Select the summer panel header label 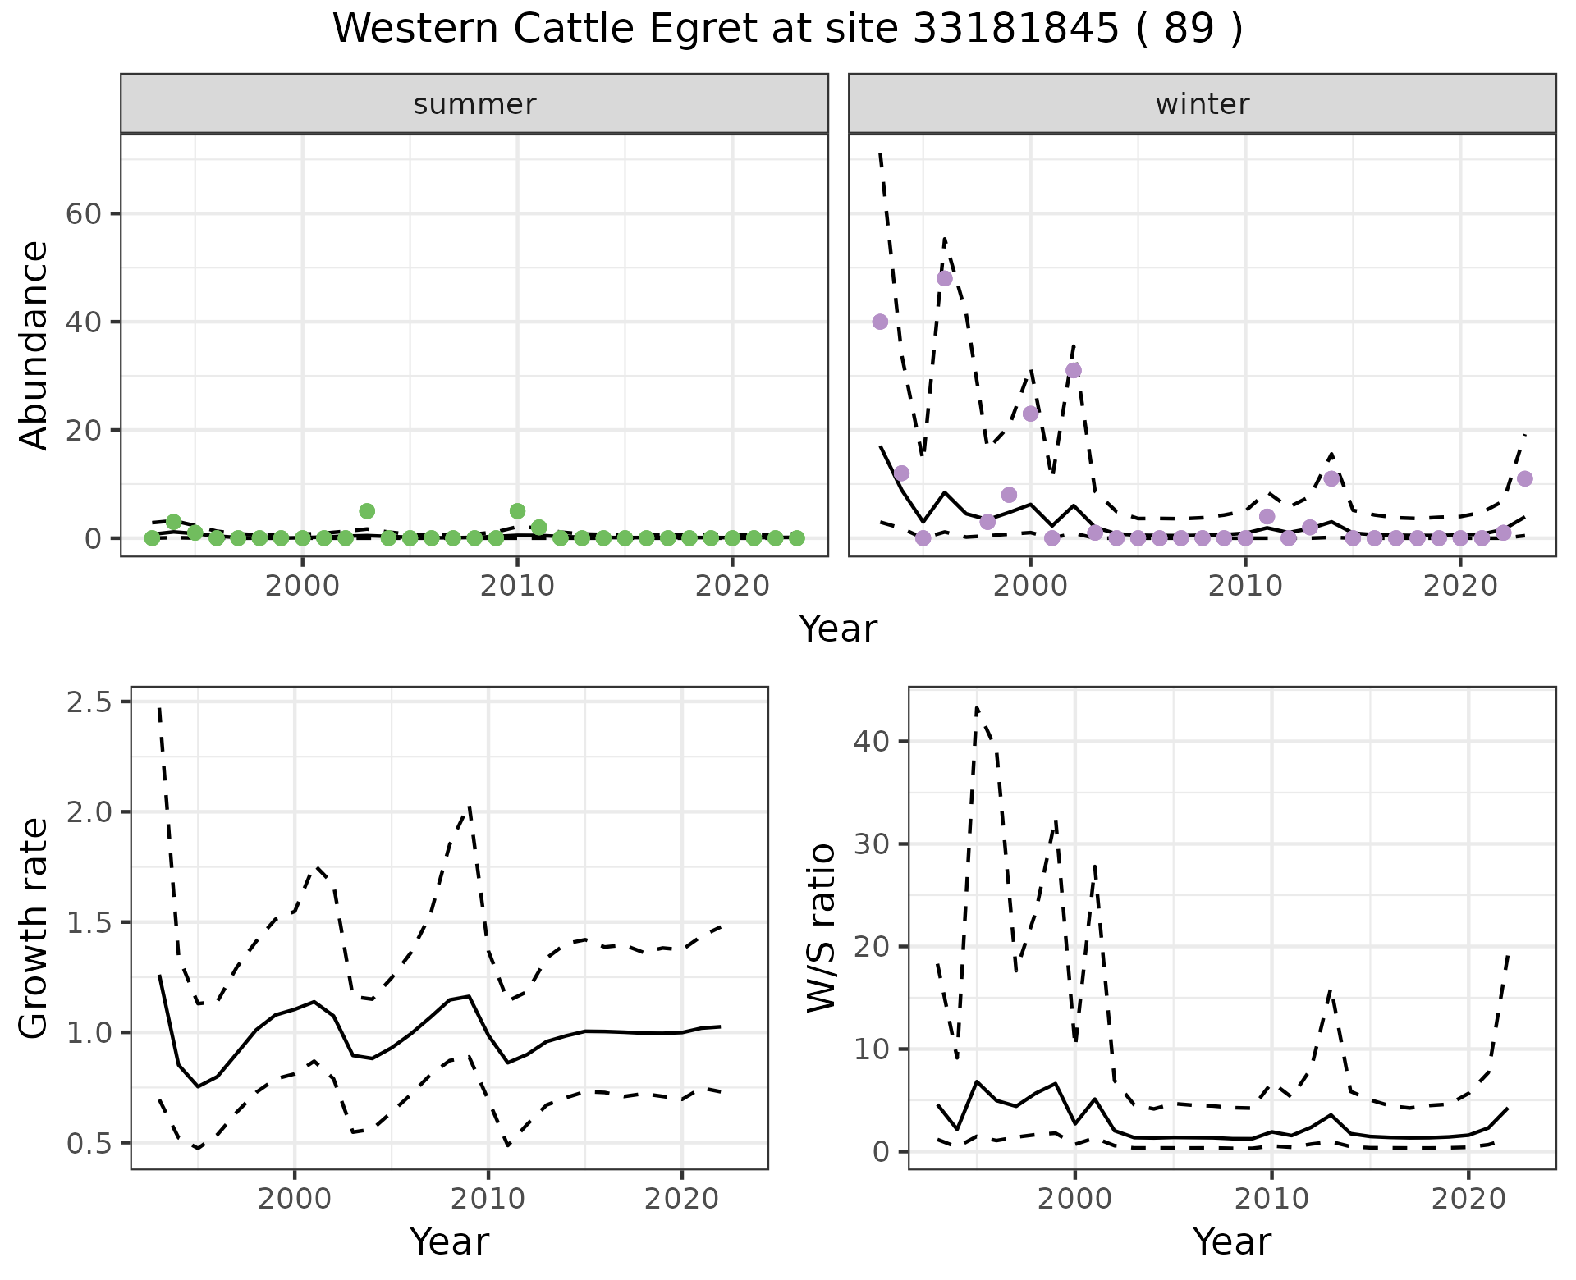474,104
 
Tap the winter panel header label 1202,104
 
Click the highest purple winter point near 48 945,278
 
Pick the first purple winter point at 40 880,322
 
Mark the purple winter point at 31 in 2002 1074,371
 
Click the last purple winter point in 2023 1525,479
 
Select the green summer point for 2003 367,511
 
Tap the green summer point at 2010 517,511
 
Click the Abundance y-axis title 34,345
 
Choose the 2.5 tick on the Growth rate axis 92,702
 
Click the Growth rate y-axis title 34,927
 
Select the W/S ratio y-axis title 821,927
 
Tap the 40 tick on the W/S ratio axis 871,741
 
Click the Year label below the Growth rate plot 449,1241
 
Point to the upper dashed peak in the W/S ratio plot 977,707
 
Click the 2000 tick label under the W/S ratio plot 1074,1199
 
